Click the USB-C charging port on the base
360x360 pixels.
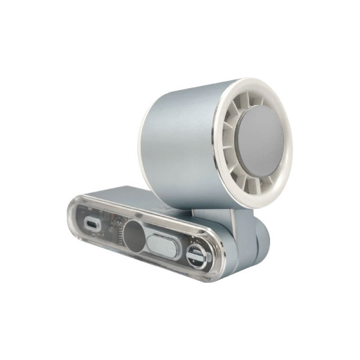tap(91, 223)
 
